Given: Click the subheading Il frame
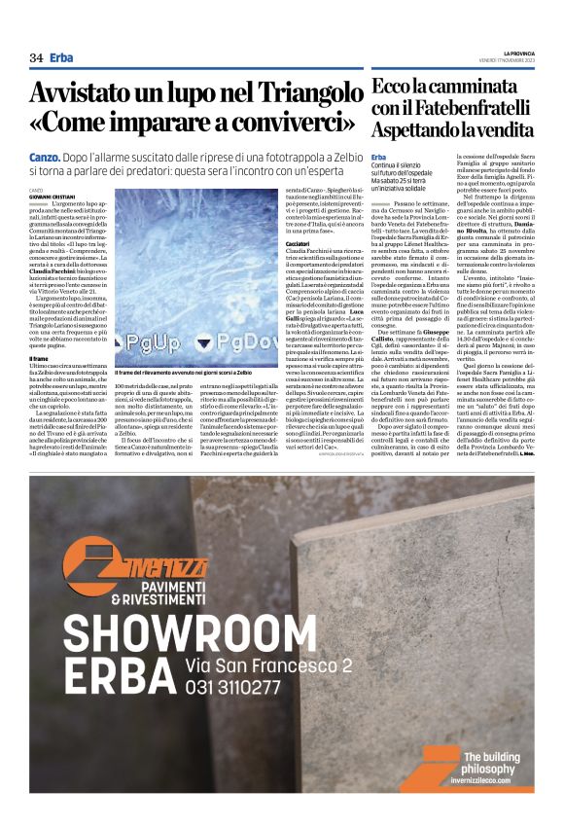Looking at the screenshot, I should pyautogui.click(x=42, y=359).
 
